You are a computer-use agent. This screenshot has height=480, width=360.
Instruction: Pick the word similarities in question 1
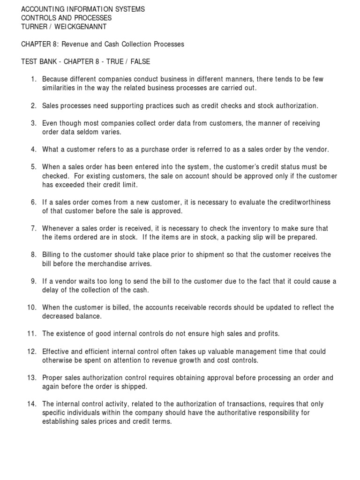[x=60, y=88]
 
